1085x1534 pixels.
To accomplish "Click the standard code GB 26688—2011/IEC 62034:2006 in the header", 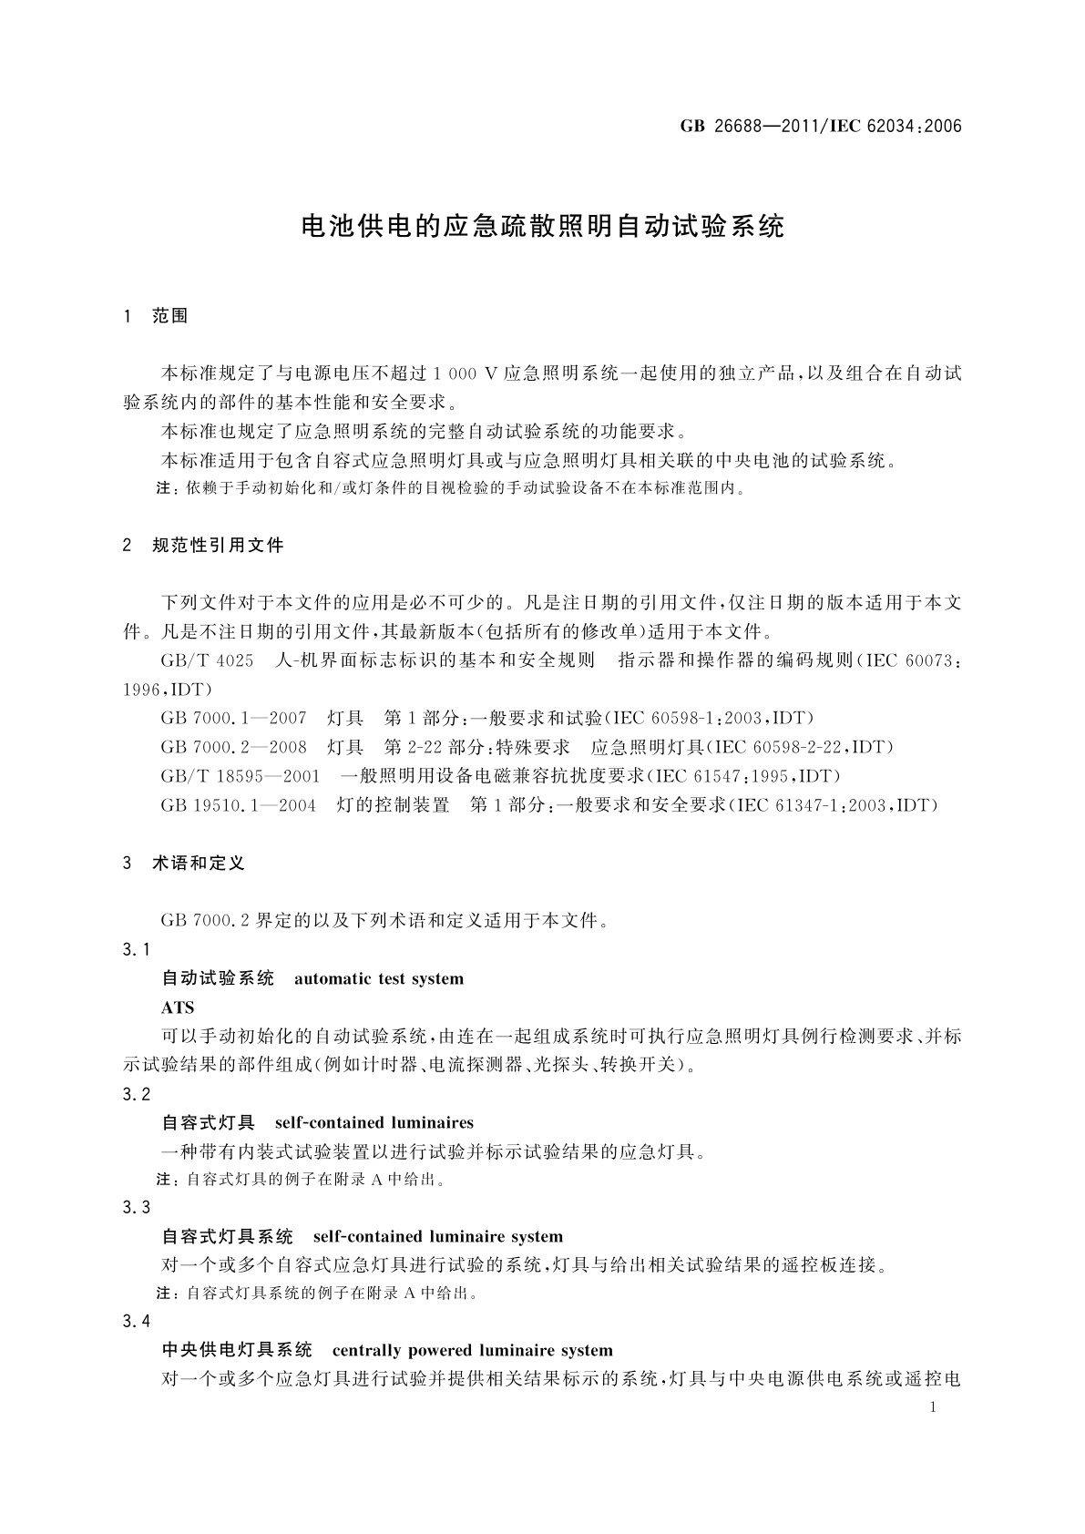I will pos(820,127).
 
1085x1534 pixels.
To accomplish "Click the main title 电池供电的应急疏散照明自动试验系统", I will pos(542,226).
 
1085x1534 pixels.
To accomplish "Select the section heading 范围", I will pos(170,316).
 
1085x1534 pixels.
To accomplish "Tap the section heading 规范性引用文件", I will pos(218,546).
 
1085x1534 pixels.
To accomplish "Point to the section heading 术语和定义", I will pos(199,863).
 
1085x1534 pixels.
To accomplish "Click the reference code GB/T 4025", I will pos(207,660).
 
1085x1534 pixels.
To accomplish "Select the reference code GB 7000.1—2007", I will pos(233,718).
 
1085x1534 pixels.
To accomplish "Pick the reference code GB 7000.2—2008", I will pos(233,747).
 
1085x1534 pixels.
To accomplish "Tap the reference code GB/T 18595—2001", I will pos(241,776).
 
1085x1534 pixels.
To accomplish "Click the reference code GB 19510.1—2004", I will pos(238,805).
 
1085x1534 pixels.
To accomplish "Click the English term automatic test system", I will pos(379,979).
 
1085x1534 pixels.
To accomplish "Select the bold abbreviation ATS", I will pos(178,1008).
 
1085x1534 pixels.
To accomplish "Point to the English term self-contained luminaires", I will pos(374,1122).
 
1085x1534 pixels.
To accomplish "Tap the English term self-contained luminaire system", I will pos(437,1237).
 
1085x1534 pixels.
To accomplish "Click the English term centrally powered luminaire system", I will pos(472,1350).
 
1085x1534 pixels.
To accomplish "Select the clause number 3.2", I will pos(137,1094).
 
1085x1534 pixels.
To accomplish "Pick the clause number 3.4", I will pos(137,1321).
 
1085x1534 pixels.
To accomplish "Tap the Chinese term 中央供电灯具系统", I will pos(237,1350).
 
